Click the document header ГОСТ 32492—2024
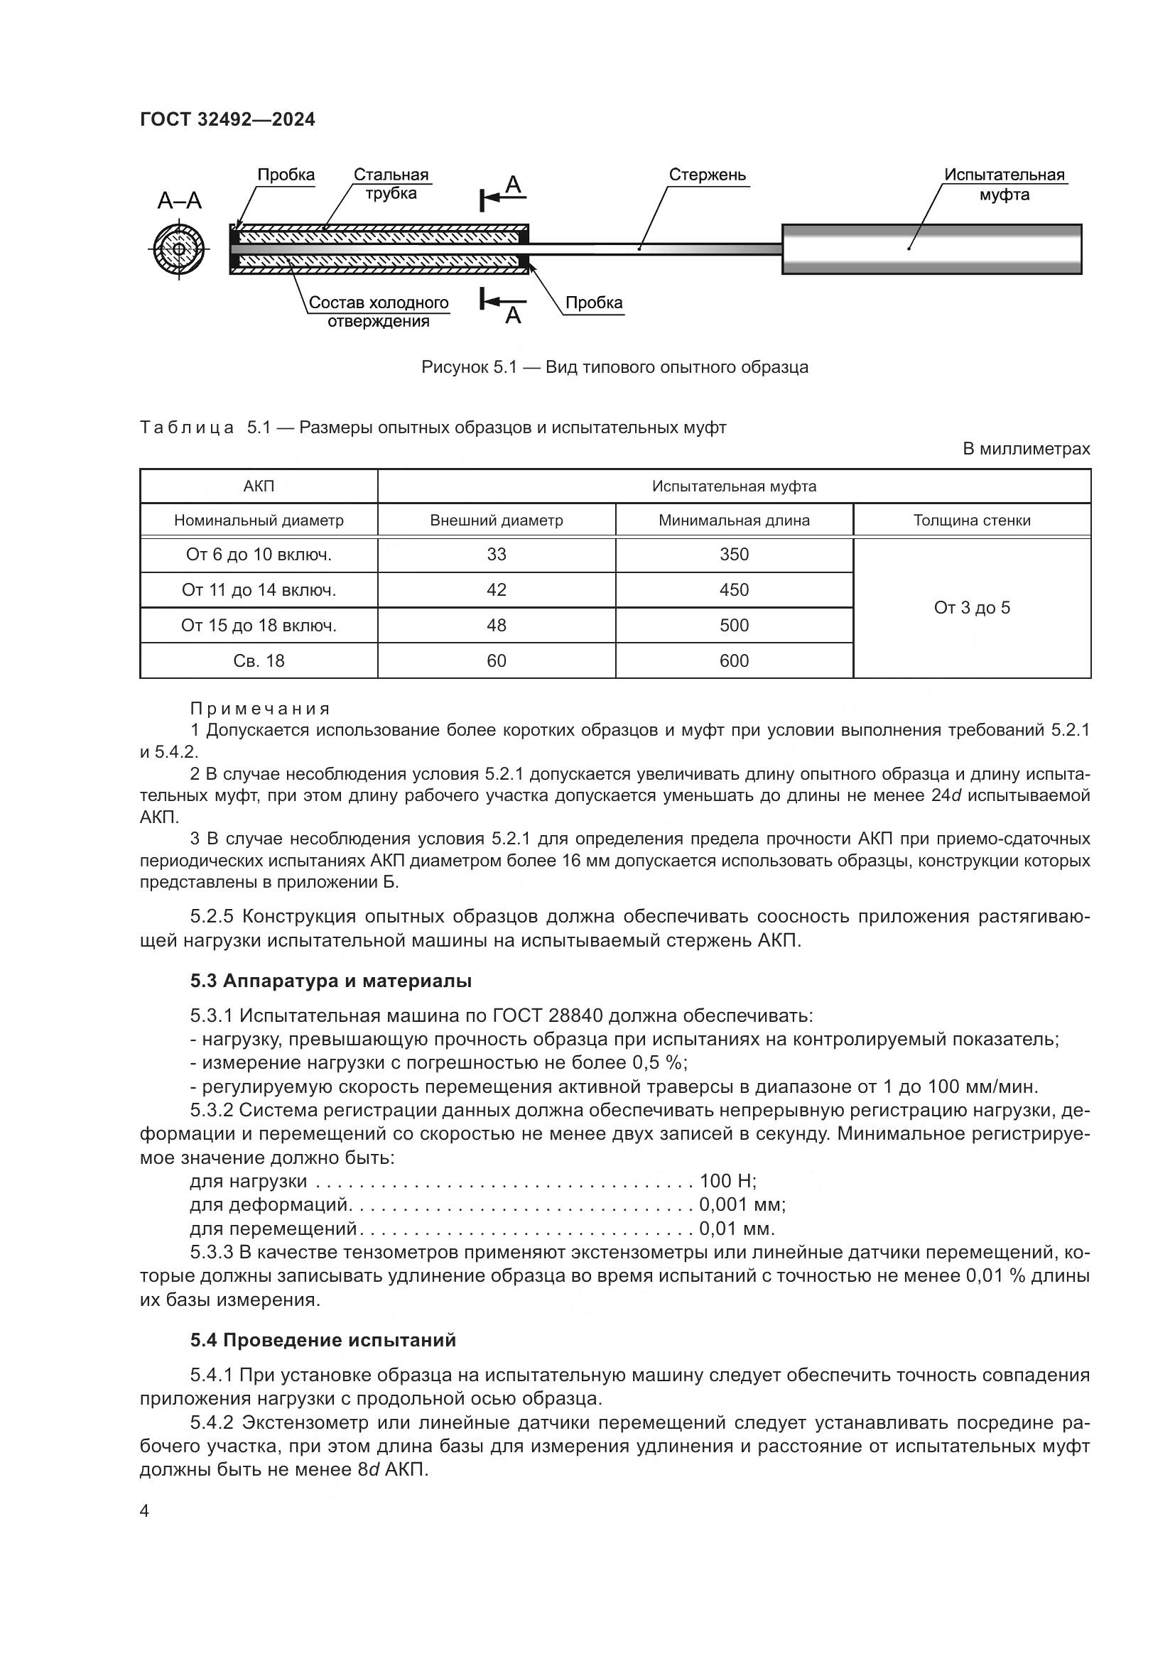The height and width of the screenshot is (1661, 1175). tap(227, 119)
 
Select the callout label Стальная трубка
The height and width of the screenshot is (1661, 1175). tap(391, 184)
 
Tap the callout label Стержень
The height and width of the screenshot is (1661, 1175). tap(706, 175)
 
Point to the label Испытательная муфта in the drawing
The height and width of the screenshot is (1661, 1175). tap(1004, 185)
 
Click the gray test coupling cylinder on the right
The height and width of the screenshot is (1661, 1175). tap(931, 249)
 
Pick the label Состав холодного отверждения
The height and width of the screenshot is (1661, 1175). tap(379, 312)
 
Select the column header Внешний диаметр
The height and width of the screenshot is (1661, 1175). tap(497, 520)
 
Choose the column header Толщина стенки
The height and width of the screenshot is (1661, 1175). tap(971, 520)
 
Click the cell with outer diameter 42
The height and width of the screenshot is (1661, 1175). tap(497, 589)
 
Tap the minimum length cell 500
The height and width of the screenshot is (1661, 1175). tap(734, 625)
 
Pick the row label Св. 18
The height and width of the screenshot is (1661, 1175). tap(259, 660)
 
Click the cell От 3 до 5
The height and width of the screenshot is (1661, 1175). tap(971, 608)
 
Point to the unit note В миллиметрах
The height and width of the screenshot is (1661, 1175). tap(1025, 449)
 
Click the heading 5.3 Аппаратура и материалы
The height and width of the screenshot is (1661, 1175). tap(330, 980)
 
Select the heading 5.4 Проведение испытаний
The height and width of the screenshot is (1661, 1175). tap(323, 1340)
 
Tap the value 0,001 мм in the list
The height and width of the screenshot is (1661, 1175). tap(742, 1204)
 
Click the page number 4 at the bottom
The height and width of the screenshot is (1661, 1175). tap(144, 1510)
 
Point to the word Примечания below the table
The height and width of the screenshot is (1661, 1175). tap(261, 708)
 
